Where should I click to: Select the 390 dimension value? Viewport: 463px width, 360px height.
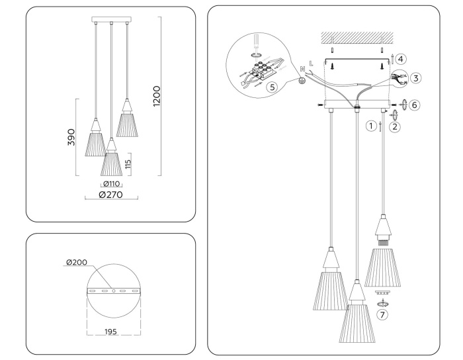click(71, 137)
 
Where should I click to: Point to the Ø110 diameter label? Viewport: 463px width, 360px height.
click(111, 183)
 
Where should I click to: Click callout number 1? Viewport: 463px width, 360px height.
click(372, 124)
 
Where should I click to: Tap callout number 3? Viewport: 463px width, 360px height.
click(415, 77)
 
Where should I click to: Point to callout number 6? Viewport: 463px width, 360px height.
click(414, 105)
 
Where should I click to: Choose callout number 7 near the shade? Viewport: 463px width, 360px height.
click(382, 315)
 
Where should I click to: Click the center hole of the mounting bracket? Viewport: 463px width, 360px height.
click(112, 291)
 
